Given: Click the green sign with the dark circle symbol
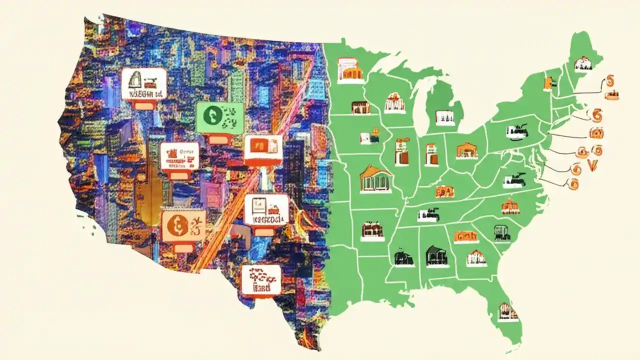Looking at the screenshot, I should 219,118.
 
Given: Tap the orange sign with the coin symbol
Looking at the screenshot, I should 183,225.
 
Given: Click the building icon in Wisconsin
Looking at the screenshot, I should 394,102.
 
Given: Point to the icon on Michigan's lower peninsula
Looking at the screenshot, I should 444,117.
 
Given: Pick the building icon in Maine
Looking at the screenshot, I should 582,63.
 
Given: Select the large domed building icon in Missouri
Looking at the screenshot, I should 375,178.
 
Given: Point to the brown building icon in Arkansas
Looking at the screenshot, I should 372,229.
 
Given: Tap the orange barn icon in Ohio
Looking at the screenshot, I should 466,150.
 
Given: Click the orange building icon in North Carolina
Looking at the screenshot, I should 510,205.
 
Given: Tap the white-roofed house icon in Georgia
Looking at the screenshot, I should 476,257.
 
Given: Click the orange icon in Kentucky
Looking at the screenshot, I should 444,191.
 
